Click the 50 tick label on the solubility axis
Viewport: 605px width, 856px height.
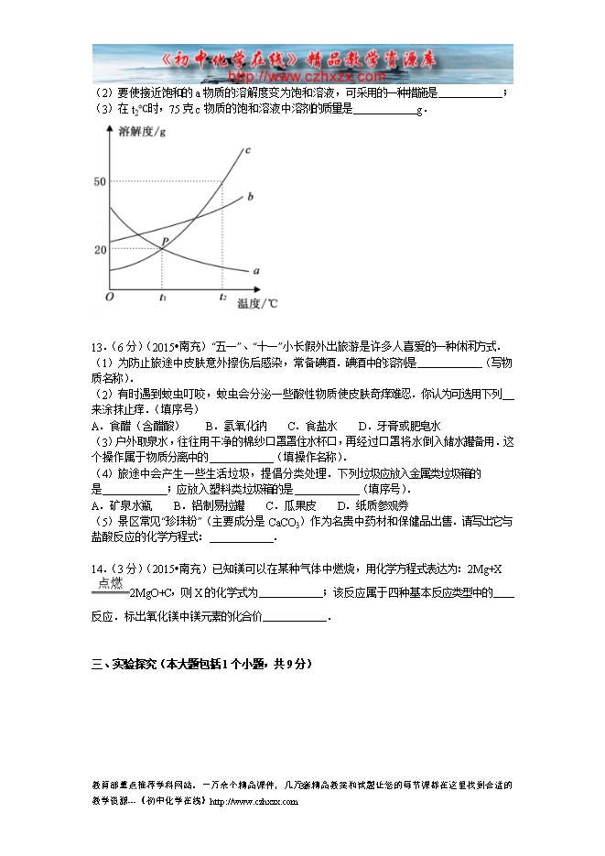click(x=100, y=182)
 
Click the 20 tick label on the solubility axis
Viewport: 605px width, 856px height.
click(x=100, y=249)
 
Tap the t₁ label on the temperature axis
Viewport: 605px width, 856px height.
click(x=163, y=298)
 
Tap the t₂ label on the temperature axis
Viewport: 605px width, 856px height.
click(x=222, y=298)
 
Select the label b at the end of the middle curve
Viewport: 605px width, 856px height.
click(x=250, y=197)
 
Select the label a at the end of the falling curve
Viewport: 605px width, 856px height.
click(x=255, y=271)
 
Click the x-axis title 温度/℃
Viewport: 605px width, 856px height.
click(x=256, y=302)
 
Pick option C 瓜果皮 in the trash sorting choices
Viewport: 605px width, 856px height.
click(x=290, y=505)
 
